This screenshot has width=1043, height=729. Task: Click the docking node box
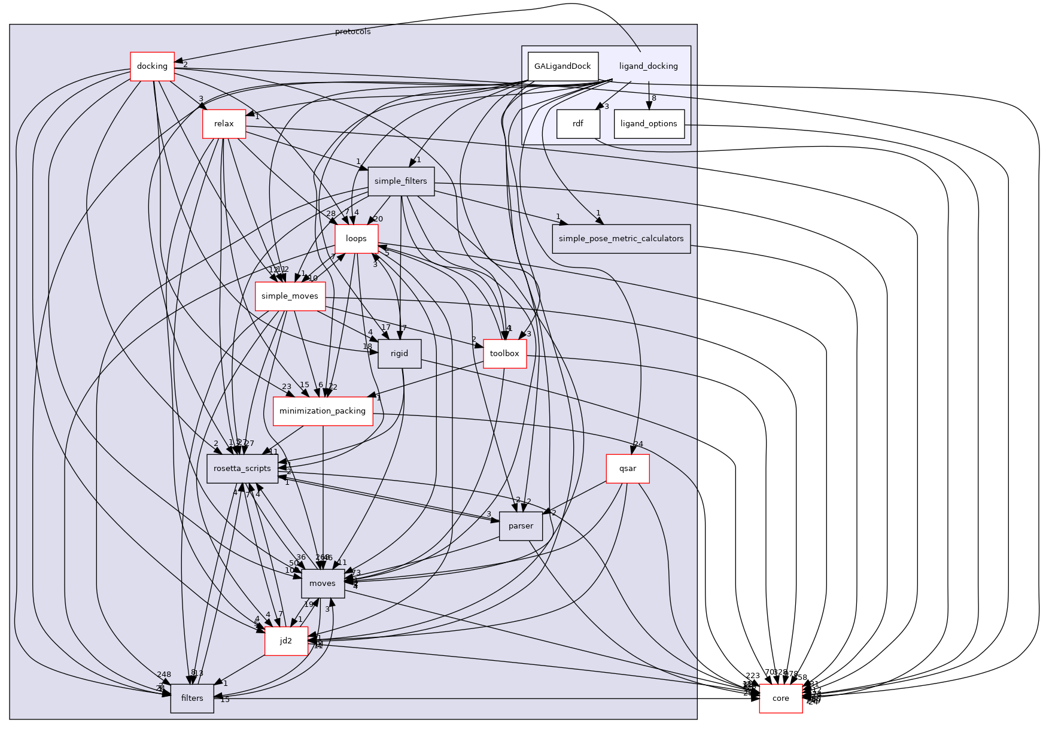[152, 66]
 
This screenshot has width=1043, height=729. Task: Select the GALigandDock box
[562, 66]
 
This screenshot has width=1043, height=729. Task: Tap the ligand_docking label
[648, 66]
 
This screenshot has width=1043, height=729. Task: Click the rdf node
[577, 124]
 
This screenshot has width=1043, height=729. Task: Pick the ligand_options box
[649, 124]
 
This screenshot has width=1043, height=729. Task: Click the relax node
[224, 124]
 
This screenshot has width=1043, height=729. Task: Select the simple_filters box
[400, 181]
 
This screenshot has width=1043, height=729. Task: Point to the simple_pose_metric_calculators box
[621, 239]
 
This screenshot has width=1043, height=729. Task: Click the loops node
[356, 239]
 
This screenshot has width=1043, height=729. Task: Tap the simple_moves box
[290, 296]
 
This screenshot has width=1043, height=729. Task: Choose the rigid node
[399, 354]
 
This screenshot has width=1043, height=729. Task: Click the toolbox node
[504, 354]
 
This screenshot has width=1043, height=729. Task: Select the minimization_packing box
[322, 411]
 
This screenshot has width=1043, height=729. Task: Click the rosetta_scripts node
[242, 469]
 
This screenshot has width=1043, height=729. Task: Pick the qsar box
[627, 469]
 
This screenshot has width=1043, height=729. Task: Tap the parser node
[520, 526]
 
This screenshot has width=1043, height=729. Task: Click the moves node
[323, 584]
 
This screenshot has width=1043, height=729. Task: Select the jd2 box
[286, 641]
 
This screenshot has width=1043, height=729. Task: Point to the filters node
[192, 698]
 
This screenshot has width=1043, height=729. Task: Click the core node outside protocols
[780, 698]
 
